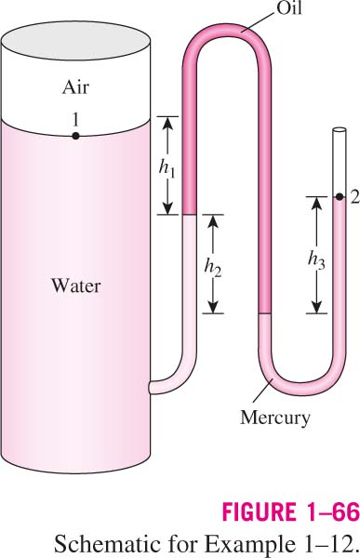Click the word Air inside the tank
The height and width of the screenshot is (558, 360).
(x=75, y=87)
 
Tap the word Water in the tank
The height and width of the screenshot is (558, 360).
(x=76, y=286)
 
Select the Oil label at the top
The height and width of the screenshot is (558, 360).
(x=289, y=7)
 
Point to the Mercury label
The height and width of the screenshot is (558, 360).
(x=275, y=417)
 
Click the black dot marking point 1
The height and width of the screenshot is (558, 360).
(x=75, y=136)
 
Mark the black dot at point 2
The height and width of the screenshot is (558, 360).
(x=340, y=196)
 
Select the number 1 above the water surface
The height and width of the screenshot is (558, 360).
(x=75, y=120)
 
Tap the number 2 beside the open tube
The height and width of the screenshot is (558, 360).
(x=354, y=197)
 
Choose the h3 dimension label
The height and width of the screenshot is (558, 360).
(x=316, y=260)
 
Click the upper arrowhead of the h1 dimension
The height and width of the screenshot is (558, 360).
(x=167, y=123)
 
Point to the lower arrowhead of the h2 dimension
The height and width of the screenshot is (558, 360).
(x=213, y=307)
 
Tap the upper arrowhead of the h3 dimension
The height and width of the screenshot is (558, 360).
(x=316, y=203)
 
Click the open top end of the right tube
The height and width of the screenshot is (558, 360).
(x=340, y=130)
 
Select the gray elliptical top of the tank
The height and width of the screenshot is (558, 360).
(x=75, y=40)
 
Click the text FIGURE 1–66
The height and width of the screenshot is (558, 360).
(x=290, y=511)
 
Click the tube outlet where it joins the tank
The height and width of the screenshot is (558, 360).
(x=151, y=387)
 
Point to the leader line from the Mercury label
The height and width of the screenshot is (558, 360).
(x=262, y=391)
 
